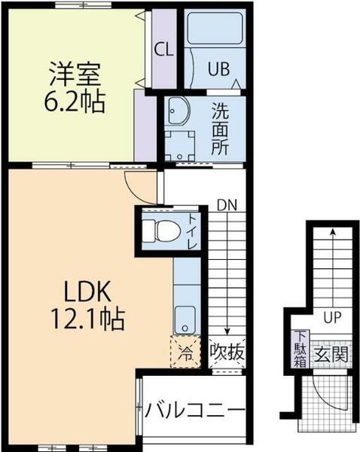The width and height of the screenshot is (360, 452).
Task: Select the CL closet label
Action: coord(163,50)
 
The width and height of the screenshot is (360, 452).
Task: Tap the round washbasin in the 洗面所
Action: coord(178,113)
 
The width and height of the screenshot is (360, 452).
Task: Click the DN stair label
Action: coord(226,204)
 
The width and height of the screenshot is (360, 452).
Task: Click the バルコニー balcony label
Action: coord(194,411)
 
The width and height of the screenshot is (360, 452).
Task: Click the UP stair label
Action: coord(329,317)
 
